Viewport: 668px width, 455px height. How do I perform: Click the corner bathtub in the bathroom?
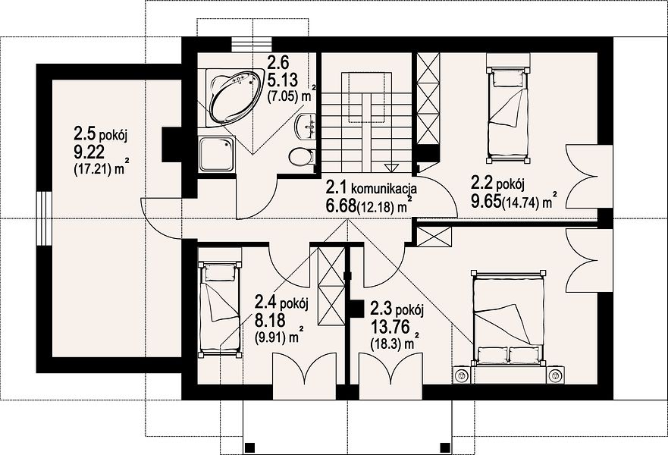(234, 97)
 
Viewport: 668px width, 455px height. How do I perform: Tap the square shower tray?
(216, 154)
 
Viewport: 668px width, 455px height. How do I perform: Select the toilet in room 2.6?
(302, 156)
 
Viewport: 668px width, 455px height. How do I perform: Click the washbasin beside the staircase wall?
(306, 126)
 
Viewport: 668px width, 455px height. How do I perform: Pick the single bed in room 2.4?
(219, 309)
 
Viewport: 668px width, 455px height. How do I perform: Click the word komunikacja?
(384, 188)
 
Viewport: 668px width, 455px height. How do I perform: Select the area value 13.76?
(390, 327)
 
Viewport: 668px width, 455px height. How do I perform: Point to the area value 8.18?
(270, 319)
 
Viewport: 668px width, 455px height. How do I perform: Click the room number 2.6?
(278, 62)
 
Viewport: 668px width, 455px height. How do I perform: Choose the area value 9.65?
(486, 201)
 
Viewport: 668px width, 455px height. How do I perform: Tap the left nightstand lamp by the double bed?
(460, 375)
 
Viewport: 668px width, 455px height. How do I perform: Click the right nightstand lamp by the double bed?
(555, 375)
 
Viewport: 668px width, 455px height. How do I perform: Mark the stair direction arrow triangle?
(390, 167)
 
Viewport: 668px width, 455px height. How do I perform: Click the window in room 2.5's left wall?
(43, 218)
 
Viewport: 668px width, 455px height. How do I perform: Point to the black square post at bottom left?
(250, 447)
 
